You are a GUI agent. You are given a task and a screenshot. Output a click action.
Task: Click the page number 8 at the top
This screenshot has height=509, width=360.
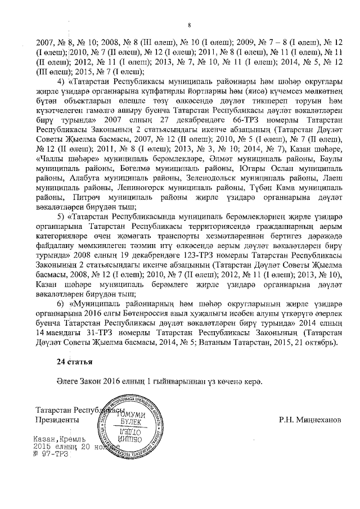click(190, 25)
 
